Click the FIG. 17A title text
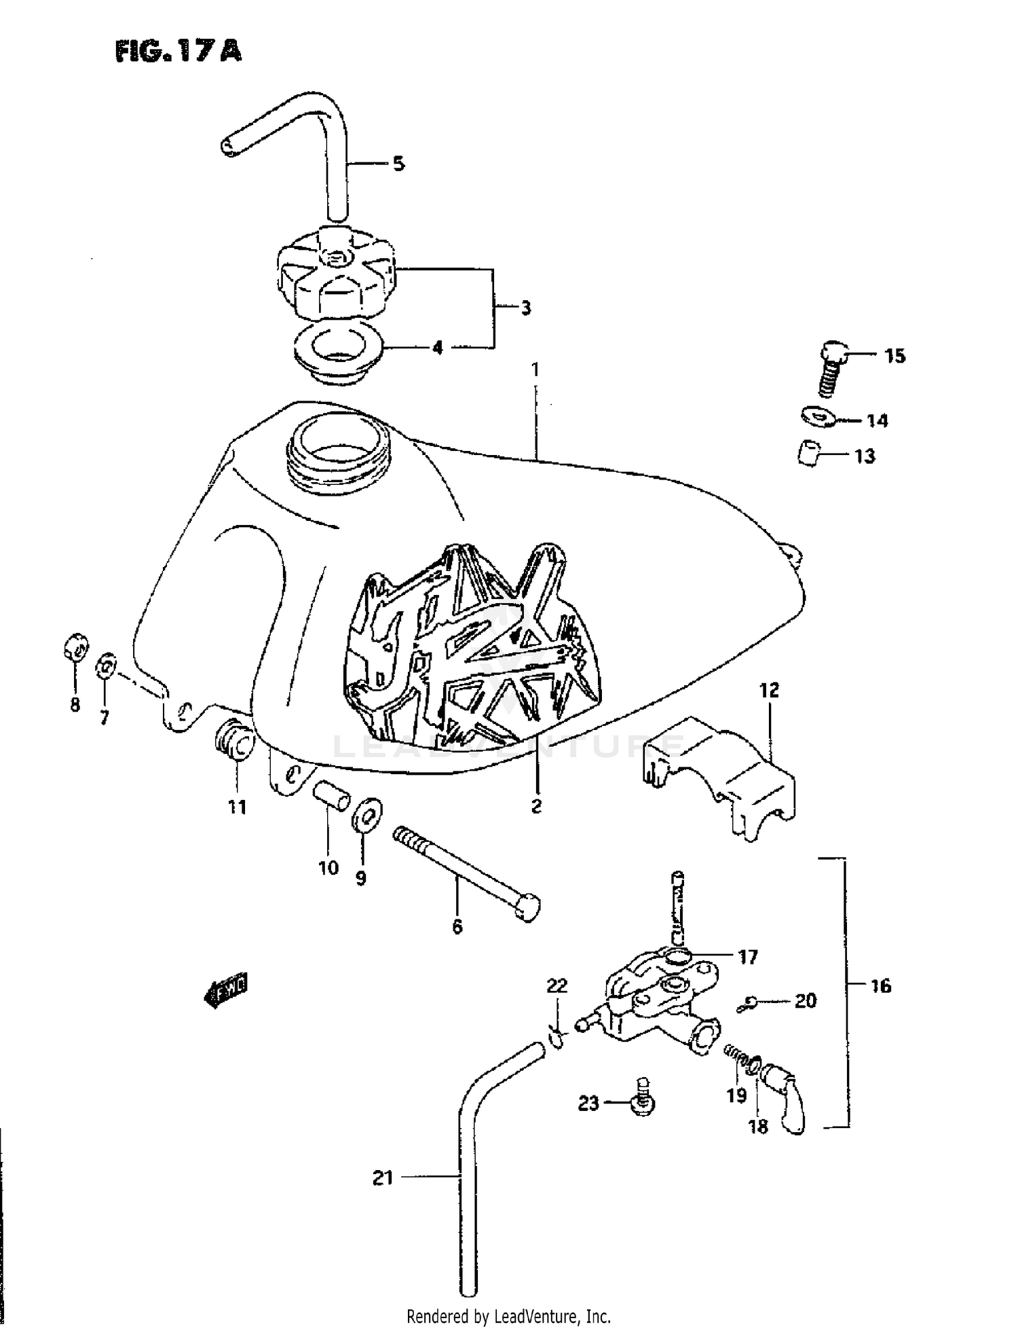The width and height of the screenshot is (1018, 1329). (178, 51)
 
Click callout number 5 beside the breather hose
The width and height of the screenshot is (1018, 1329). (398, 164)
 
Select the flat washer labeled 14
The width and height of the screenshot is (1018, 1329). (816, 416)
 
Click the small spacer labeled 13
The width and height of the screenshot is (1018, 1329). (809, 453)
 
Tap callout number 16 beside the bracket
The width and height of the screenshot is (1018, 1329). (880, 986)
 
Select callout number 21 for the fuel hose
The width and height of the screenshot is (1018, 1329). (383, 1178)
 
